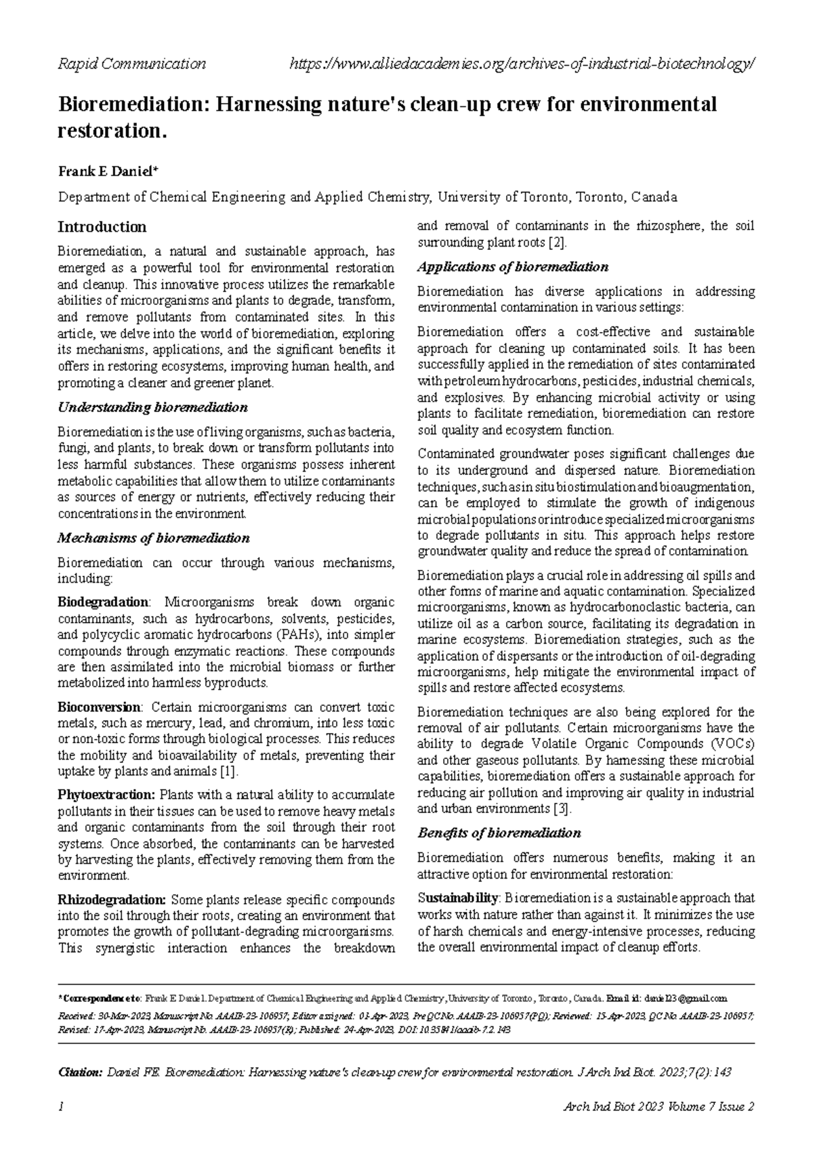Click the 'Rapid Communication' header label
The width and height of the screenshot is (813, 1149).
pyautogui.click(x=132, y=64)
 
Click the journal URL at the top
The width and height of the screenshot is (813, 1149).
pyautogui.click(x=522, y=64)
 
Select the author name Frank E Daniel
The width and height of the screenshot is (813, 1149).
pyautogui.click(x=108, y=171)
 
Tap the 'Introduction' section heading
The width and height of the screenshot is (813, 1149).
pyautogui.click(x=102, y=226)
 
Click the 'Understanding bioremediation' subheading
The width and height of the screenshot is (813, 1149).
pyautogui.click(x=153, y=408)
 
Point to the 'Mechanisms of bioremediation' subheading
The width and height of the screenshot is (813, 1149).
pyautogui.click(x=154, y=539)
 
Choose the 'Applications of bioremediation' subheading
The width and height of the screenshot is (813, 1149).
pyautogui.click(x=513, y=267)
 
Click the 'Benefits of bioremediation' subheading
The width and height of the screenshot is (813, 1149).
pyautogui.click(x=499, y=833)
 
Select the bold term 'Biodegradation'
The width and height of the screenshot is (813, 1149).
pyautogui.click(x=103, y=602)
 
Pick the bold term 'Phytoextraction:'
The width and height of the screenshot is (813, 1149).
pyautogui.click(x=107, y=795)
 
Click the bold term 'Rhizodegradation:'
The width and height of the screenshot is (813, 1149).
pyautogui.click(x=112, y=900)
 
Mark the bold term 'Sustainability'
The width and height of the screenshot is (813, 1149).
pyautogui.click(x=458, y=898)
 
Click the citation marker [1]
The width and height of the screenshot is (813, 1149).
pyautogui.click(x=229, y=772)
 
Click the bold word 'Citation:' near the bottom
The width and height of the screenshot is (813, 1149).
pyautogui.click(x=81, y=1073)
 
